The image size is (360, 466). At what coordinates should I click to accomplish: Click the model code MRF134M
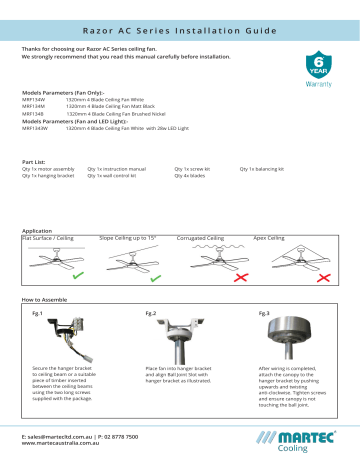(35, 107)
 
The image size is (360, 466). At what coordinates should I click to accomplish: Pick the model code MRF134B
(35, 114)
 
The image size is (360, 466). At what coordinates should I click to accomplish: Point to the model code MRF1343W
(37, 127)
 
